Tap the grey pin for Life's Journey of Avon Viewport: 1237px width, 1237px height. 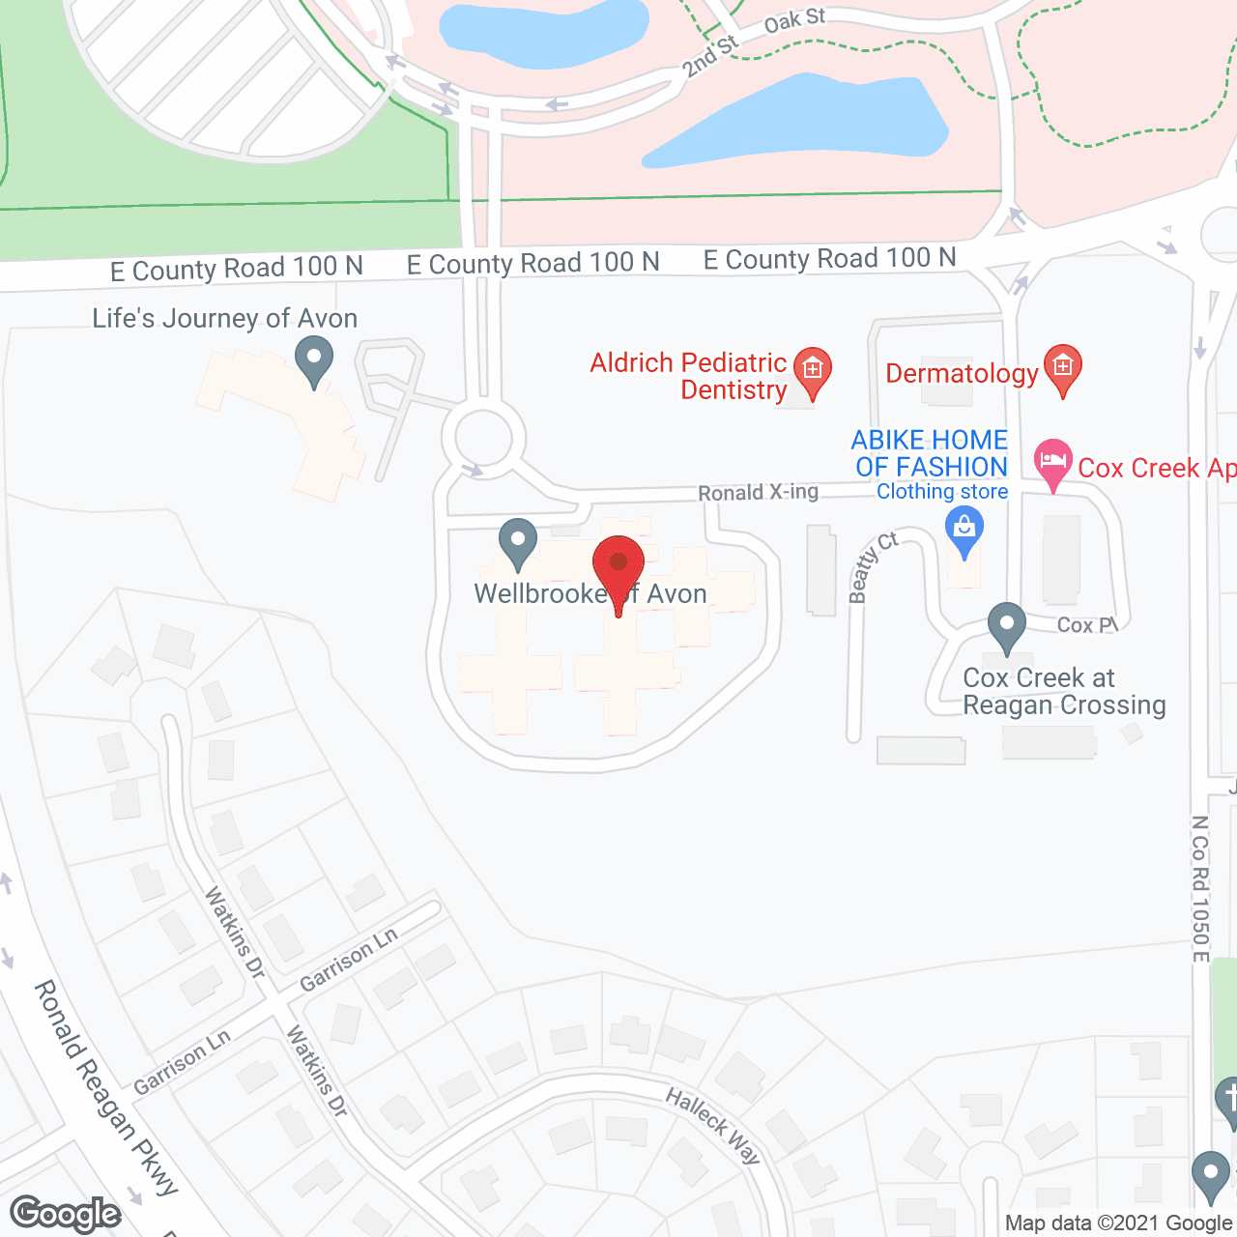click(x=313, y=360)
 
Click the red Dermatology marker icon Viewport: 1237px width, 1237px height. click(x=1062, y=368)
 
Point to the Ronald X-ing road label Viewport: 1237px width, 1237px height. click(x=758, y=493)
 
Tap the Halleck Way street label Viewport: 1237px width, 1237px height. click(x=714, y=1125)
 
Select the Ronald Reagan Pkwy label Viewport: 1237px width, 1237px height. click(x=106, y=1088)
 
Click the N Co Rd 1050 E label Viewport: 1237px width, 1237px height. click(x=1200, y=889)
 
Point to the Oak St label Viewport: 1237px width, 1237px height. click(x=794, y=19)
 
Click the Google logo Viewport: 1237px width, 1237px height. click(x=66, y=1214)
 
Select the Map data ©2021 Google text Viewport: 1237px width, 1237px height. click(x=1118, y=1223)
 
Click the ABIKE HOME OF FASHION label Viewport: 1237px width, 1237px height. click(x=930, y=453)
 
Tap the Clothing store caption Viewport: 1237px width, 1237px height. click(x=942, y=492)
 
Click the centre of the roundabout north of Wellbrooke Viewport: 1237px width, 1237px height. click(x=483, y=437)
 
